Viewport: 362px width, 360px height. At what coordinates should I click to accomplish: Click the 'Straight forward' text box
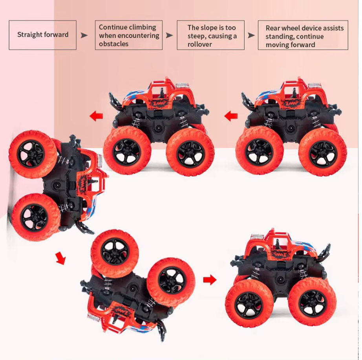[43, 35]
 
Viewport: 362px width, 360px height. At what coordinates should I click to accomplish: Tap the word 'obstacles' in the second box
[113, 44]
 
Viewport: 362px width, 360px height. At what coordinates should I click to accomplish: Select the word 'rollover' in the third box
[199, 44]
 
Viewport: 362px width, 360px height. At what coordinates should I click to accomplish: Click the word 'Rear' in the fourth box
[272, 28]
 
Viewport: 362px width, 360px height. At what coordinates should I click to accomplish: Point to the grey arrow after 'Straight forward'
[84, 35]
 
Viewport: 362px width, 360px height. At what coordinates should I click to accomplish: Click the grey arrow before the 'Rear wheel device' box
[251, 35]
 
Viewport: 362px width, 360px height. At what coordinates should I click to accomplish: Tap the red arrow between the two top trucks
[231, 116]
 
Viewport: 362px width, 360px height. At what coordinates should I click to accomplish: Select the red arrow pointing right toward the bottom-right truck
[210, 280]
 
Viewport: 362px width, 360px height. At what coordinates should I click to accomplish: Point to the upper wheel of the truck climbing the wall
[33, 154]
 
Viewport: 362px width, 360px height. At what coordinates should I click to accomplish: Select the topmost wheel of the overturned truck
[115, 253]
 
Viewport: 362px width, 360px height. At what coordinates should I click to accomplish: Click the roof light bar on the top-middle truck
[183, 85]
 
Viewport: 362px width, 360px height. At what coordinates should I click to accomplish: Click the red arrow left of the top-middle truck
[96, 116]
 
